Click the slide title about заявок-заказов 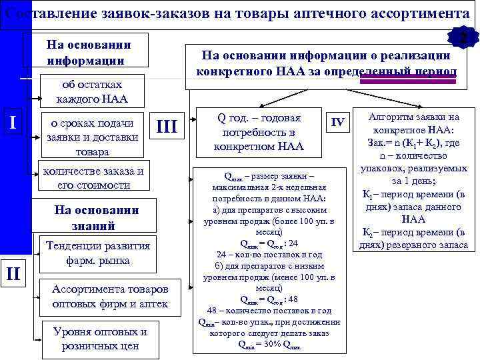pyautogui.click(x=240, y=13)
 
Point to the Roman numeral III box pyautogui.click(x=166, y=127)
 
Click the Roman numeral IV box pyautogui.click(x=338, y=122)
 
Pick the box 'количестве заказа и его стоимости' pyautogui.click(x=93, y=178)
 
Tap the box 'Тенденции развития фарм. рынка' pyautogui.click(x=97, y=253)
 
